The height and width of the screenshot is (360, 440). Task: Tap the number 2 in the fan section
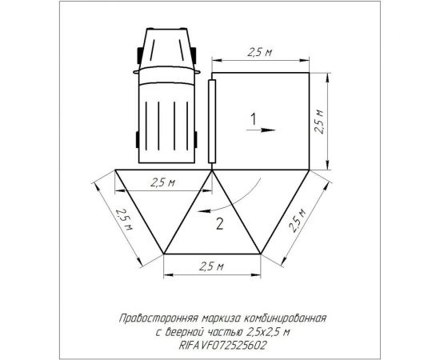[x=221, y=225]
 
